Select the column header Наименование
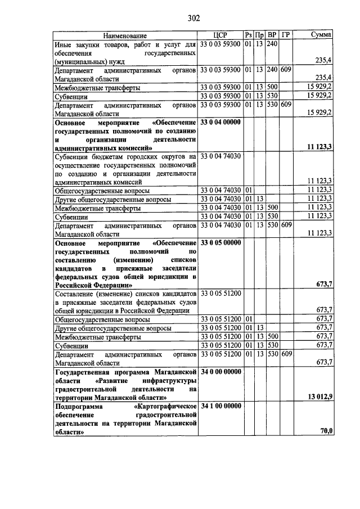tap(125, 35)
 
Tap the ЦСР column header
tap(220, 35)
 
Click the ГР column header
tap(286, 35)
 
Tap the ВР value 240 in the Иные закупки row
tap(272, 44)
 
